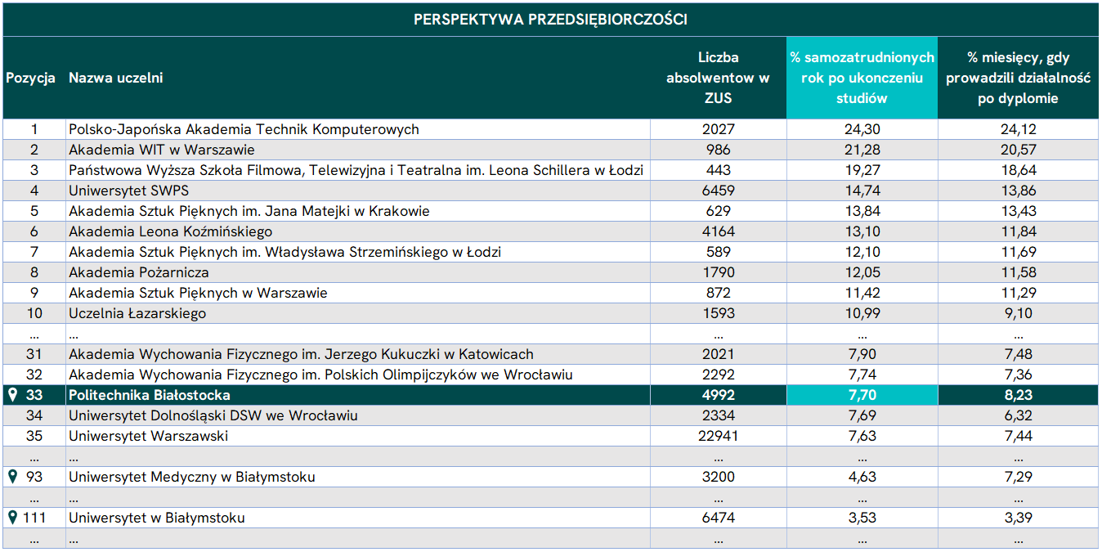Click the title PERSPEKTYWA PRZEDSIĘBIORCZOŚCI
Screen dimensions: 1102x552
(x=550, y=19)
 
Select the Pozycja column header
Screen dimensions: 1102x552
(x=30, y=78)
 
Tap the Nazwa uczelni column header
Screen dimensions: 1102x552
(x=115, y=78)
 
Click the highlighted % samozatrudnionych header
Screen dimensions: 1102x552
(x=862, y=78)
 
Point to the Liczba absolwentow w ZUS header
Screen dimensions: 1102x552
(x=718, y=78)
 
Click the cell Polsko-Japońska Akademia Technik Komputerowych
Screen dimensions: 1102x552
(x=244, y=129)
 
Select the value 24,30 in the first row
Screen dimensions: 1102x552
(x=862, y=129)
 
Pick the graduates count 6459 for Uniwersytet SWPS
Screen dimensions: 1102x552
(x=719, y=191)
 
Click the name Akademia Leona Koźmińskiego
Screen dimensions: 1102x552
(x=170, y=231)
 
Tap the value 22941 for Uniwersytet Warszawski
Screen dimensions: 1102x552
(x=718, y=436)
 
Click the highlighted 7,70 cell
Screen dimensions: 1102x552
(x=862, y=395)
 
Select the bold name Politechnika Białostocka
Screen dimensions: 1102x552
(x=150, y=395)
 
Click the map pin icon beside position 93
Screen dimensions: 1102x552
(x=13, y=476)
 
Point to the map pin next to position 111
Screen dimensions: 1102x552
(x=13, y=517)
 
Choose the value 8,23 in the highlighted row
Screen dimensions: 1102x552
(x=1018, y=395)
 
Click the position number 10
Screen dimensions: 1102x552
(x=34, y=313)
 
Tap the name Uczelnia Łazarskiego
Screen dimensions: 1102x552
(x=137, y=313)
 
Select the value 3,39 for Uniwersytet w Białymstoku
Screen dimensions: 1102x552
(x=1018, y=518)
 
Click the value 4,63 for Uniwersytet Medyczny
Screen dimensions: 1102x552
(x=862, y=477)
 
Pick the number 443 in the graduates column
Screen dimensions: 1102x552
(x=719, y=170)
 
